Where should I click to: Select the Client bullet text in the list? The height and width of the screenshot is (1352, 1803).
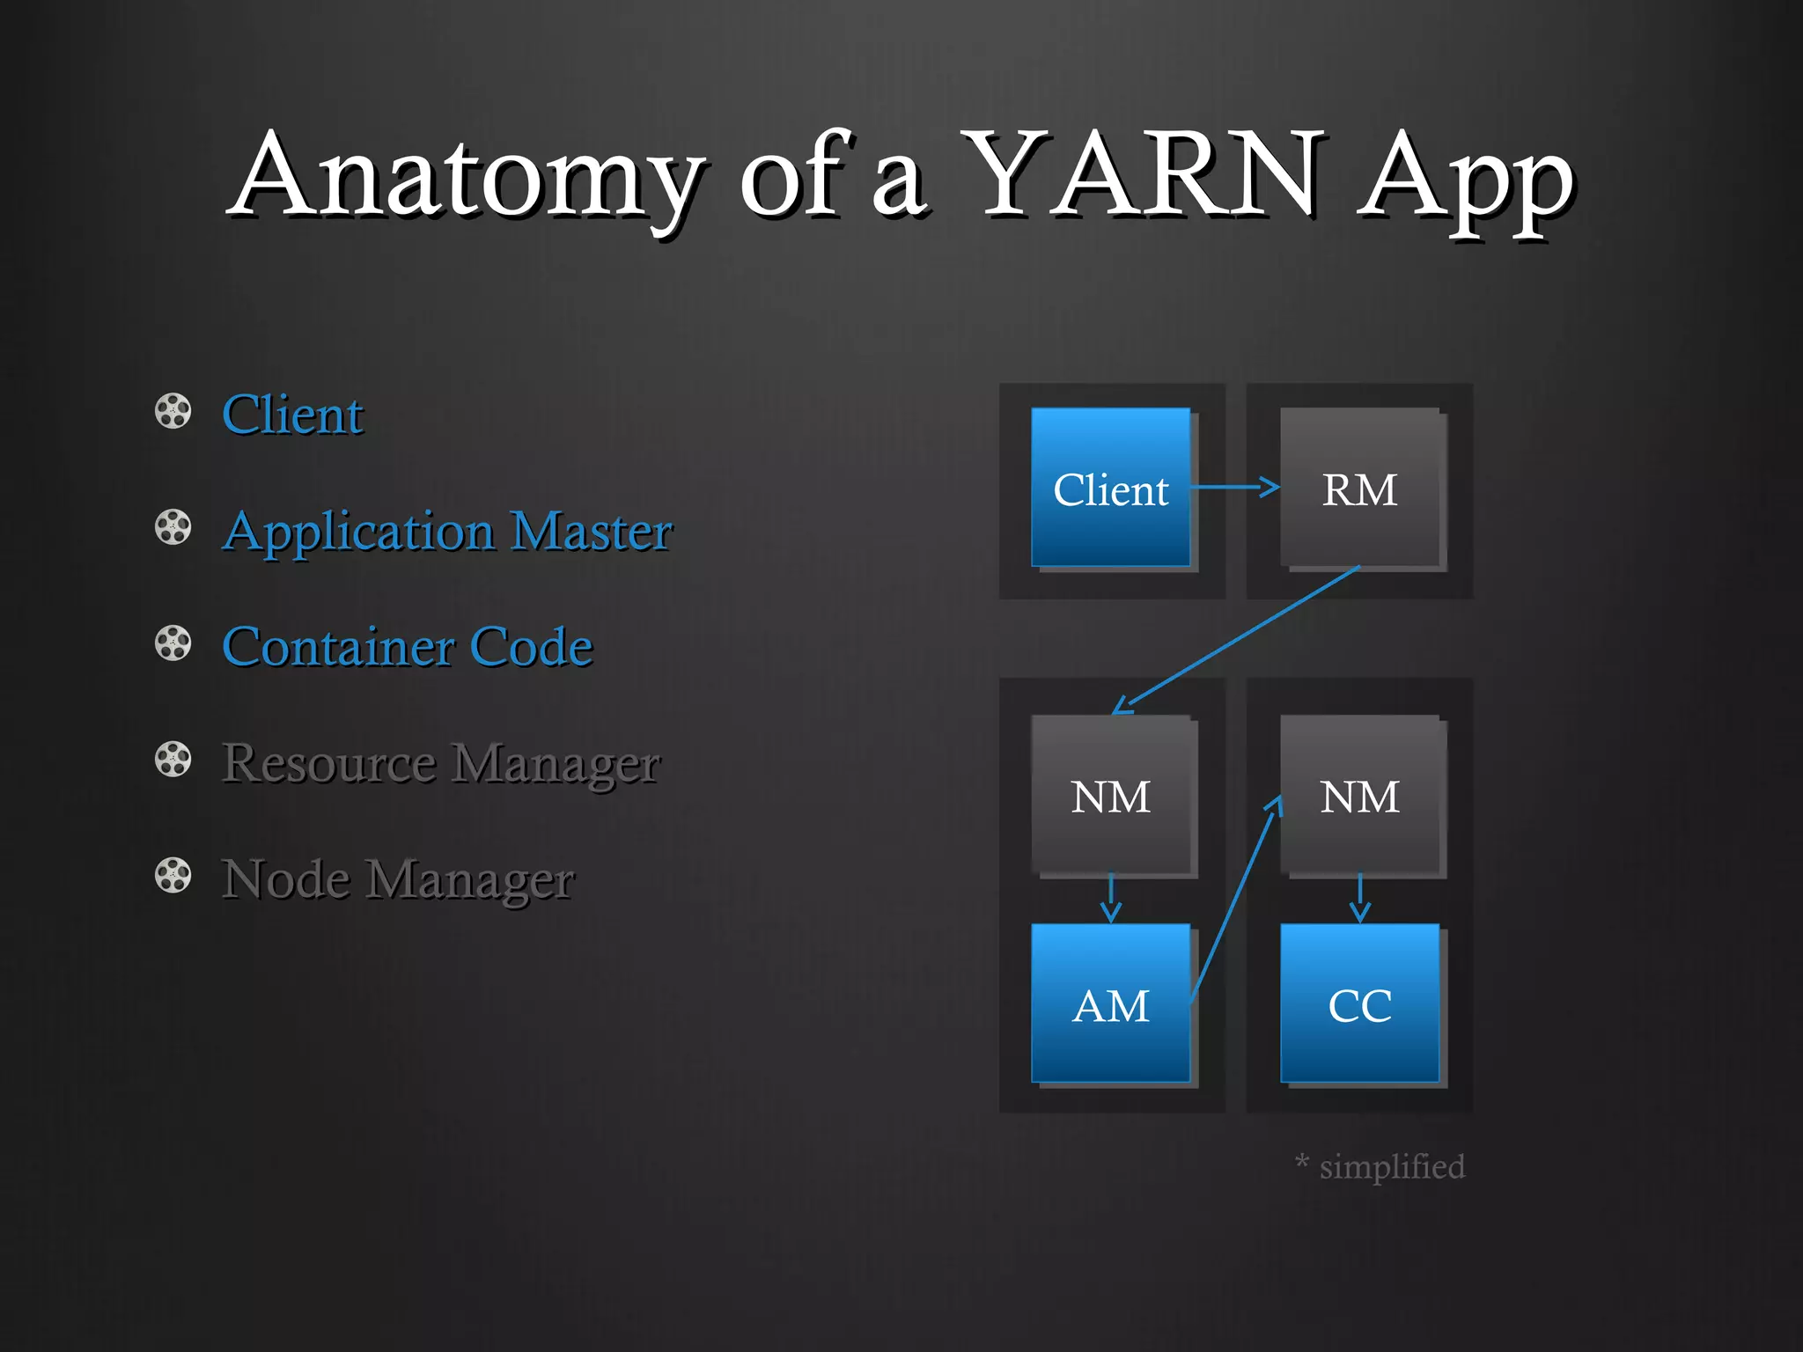292,415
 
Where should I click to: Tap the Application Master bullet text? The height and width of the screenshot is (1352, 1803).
447,532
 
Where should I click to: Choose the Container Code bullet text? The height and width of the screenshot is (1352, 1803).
408,647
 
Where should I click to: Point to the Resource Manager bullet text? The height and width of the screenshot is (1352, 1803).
440,763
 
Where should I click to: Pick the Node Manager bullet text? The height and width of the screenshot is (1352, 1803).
398,878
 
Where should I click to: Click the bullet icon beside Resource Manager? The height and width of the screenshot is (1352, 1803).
173,760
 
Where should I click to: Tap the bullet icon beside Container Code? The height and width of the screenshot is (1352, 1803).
173,643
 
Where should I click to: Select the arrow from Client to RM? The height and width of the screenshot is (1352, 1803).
1234,487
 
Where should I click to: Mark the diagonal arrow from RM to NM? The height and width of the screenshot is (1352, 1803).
1237,640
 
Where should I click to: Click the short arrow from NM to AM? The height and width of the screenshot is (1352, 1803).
1111,899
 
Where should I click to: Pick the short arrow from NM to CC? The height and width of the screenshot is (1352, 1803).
1360,899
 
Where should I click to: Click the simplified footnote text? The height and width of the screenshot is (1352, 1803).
1382,1167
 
